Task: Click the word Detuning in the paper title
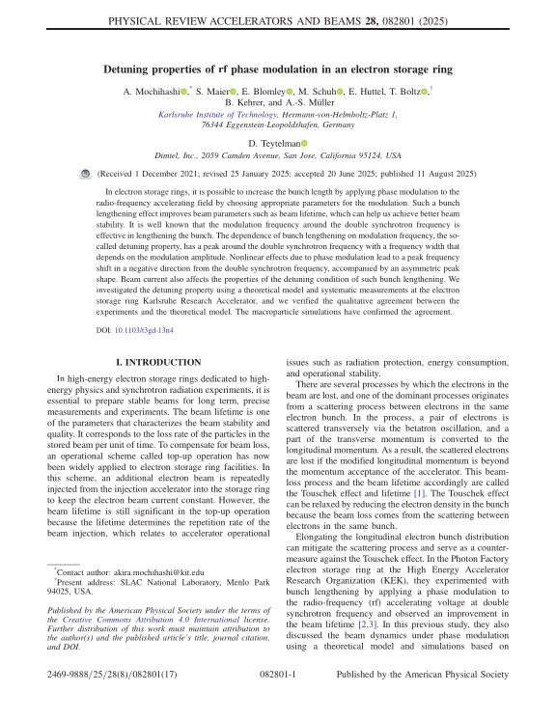click(135, 69)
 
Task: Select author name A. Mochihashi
click(150, 90)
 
